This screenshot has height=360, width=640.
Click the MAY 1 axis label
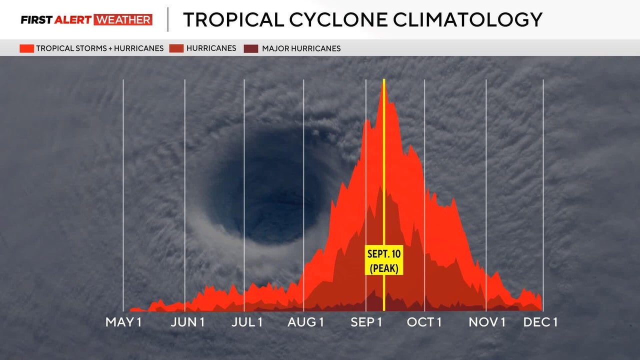(123, 322)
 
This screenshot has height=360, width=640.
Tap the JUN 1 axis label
(187, 322)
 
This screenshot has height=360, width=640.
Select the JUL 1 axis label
(247, 322)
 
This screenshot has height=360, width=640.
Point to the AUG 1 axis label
(305, 322)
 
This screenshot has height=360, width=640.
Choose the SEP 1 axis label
(366, 322)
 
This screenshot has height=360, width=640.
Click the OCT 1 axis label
(424, 322)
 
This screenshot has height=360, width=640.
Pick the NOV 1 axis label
(487, 322)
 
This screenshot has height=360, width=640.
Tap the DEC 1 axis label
(540, 322)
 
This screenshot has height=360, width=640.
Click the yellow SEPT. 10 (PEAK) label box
(384, 260)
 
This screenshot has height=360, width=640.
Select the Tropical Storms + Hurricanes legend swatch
(27, 48)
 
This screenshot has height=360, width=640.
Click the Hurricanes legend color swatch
(176, 48)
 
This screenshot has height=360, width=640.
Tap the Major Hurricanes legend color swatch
(251, 48)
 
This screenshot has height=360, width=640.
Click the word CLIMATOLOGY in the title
(467, 19)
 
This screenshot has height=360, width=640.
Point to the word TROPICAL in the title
(233, 19)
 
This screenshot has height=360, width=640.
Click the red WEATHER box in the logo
(123, 19)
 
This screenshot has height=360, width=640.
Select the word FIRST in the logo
(36, 20)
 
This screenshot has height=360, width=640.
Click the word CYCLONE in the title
(338, 19)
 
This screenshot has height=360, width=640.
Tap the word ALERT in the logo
(73, 20)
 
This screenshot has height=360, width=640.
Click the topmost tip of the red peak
(383, 84)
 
